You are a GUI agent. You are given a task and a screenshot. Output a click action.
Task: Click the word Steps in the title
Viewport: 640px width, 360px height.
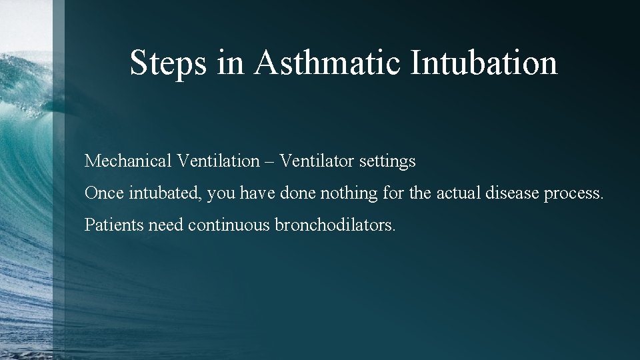[169, 63]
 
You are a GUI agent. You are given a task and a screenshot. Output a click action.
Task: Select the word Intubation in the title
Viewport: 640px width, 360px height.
[484, 63]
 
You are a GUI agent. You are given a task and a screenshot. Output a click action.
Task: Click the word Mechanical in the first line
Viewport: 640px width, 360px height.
[128, 161]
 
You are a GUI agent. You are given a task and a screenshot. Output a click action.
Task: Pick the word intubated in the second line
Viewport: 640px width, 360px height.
[159, 193]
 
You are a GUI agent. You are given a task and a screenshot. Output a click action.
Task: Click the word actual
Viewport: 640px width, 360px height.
[458, 193]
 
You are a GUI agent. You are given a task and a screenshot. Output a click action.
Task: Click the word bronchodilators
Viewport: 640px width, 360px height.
[335, 225]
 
